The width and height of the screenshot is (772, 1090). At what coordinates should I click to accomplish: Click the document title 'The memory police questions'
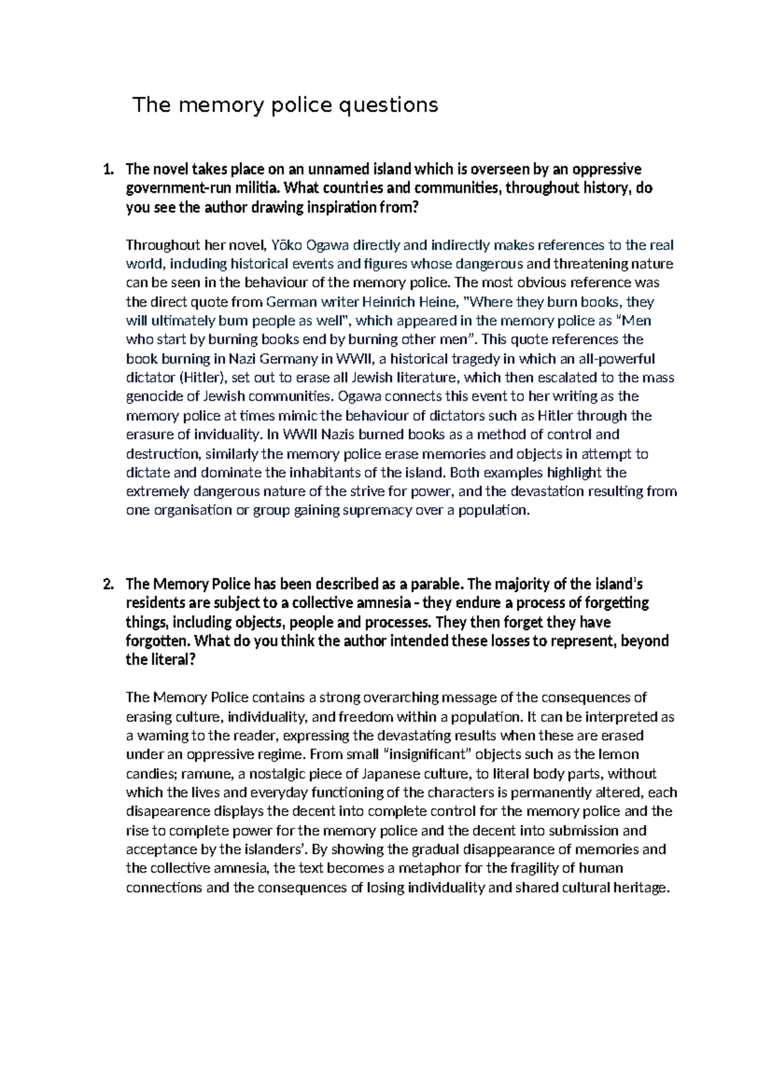pyautogui.click(x=285, y=105)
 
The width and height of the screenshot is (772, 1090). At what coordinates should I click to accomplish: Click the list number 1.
pyautogui.click(x=107, y=170)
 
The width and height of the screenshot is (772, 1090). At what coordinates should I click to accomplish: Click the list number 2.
pyautogui.click(x=107, y=584)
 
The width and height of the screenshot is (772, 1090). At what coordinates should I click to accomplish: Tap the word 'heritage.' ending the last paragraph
pyautogui.click(x=641, y=888)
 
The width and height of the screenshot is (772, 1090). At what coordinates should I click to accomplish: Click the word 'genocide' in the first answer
pyautogui.click(x=152, y=397)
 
